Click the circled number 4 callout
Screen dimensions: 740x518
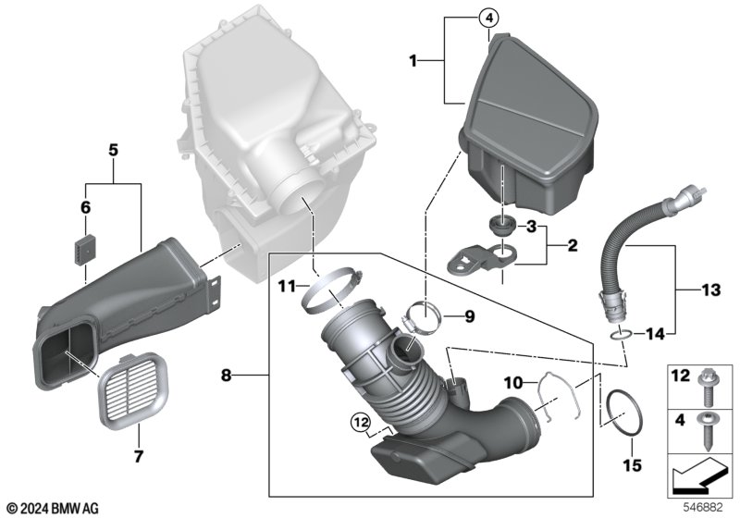(488, 18)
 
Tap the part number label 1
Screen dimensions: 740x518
(413, 61)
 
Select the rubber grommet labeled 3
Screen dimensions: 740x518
(501, 226)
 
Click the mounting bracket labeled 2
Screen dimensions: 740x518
(480, 260)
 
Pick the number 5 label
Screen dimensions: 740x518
(113, 151)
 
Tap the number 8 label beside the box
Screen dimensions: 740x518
(227, 376)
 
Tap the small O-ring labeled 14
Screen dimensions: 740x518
(620, 336)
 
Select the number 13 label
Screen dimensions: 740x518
(710, 290)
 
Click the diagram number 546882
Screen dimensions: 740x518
(704, 508)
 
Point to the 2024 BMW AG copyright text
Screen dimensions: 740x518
(54, 509)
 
